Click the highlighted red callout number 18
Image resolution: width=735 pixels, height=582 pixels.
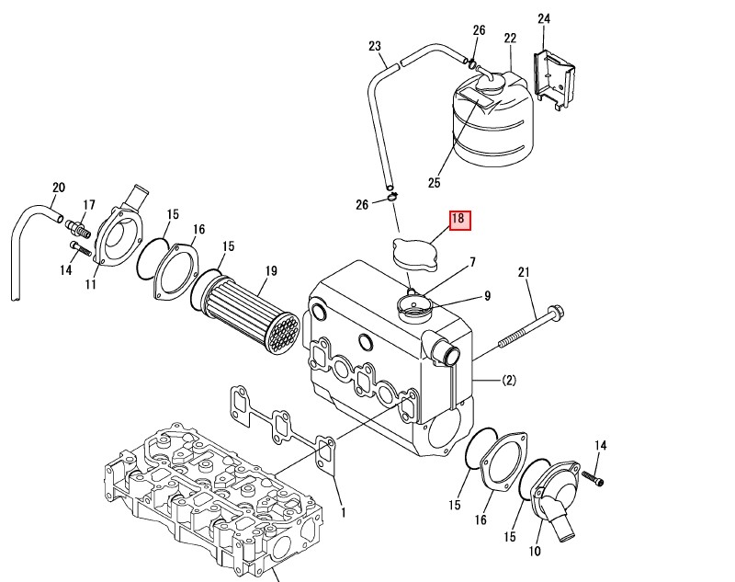tap(459, 221)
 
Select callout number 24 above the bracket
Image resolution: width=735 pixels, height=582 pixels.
tap(544, 19)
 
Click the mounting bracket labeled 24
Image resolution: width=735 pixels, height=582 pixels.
tap(555, 78)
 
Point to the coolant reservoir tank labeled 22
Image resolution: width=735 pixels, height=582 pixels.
tap(492, 120)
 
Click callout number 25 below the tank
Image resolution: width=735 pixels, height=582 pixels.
tap(434, 182)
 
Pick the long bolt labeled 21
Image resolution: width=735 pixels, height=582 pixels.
tap(531, 326)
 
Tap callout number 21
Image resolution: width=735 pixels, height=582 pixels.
tap(524, 272)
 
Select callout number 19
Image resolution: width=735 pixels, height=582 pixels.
tap(271, 271)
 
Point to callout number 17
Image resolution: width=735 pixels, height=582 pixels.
tap(89, 205)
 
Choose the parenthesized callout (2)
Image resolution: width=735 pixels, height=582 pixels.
tap(509, 380)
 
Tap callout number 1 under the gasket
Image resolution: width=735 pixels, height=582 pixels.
tap(343, 513)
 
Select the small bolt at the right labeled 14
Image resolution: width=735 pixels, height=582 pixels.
tap(593, 478)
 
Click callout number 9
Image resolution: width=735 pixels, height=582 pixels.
tap(488, 296)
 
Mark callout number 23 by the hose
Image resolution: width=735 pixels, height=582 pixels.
tap(375, 46)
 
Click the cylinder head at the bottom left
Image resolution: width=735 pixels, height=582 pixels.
tap(213, 497)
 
